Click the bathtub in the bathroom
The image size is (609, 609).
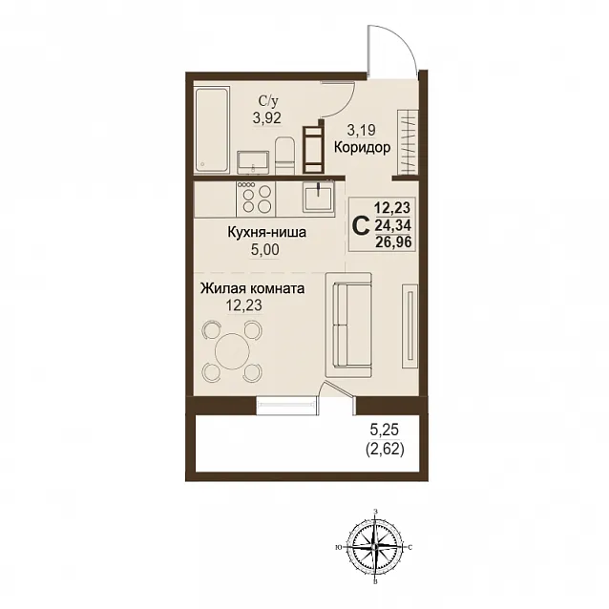coord(212,130)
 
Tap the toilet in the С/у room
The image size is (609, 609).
coord(284,156)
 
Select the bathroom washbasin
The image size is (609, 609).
coord(253,162)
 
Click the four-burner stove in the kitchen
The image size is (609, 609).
coord(256,199)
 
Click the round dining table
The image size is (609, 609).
coord(232,351)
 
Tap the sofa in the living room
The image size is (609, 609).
coord(348,325)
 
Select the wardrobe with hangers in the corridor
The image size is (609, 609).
coord(408,142)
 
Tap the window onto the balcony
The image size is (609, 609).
coord(287,406)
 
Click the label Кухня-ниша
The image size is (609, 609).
coord(267,232)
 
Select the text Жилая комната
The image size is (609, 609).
coord(252,288)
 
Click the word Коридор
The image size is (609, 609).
coord(362,147)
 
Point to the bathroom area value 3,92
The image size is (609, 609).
coord(267,117)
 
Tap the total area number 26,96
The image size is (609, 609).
coord(393,241)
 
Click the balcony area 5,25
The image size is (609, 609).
coord(385,430)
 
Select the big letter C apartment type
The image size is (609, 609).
coord(361,225)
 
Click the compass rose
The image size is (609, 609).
coord(374,546)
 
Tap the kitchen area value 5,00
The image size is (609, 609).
coord(264,249)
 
